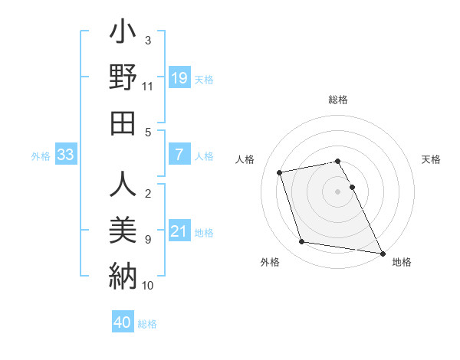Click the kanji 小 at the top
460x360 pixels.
pyautogui.click(x=123, y=34)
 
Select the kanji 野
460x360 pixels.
pyautogui.click(x=123, y=79)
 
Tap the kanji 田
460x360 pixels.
pyautogui.click(x=123, y=124)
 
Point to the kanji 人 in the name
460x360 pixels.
pyautogui.click(x=123, y=185)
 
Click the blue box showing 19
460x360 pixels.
pyautogui.click(x=179, y=77)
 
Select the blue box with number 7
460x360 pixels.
pyautogui.click(x=179, y=155)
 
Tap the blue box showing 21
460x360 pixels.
pyautogui.click(x=179, y=232)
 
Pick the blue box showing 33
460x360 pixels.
pyautogui.click(x=65, y=155)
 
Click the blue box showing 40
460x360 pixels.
pyautogui.click(x=122, y=322)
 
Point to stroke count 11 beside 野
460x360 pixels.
pyautogui.click(x=148, y=87)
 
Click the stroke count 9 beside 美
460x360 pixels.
pyautogui.click(x=148, y=240)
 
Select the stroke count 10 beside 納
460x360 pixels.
pyautogui.click(x=148, y=285)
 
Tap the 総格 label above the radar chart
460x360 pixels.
pyautogui.click(x=338, y=100)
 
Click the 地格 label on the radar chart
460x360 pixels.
pyautogui.click(x=402, y=262)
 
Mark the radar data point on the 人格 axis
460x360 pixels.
pyautogui.click(x=280, y=172)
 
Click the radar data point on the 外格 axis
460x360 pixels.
pyautogui.click(x=302, y=242)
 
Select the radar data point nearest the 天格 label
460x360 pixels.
pyautogui.click(x=352, y=187)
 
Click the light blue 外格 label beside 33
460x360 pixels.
pyautogui.click(x=41, y=155)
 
